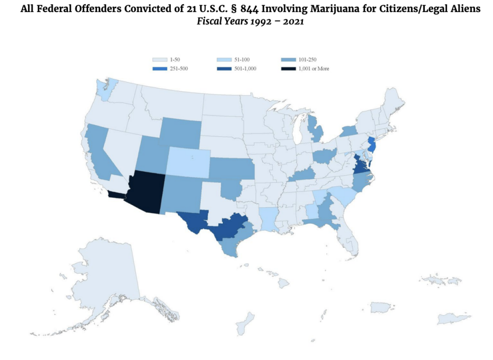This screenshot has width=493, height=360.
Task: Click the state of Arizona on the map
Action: (144, 190)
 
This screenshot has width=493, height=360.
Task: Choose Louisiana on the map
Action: (270, 219)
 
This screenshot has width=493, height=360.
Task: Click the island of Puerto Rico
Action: (380, 307)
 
